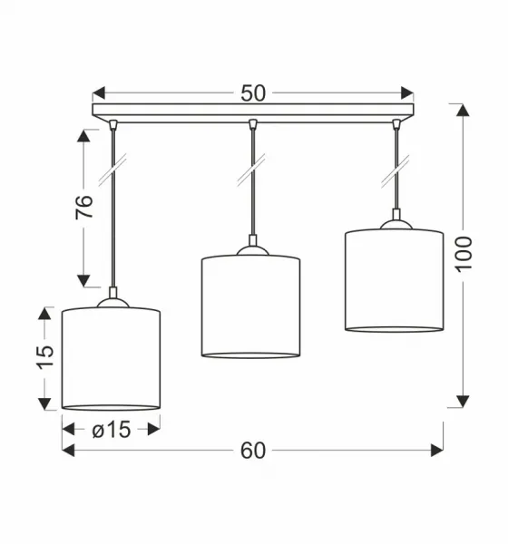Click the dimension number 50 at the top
253,93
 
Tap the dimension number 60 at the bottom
253,451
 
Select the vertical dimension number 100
464,254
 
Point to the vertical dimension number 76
84,207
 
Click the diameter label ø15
112,430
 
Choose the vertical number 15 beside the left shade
46,357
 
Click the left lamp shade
111,359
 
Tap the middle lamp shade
250,306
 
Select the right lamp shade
394,280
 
